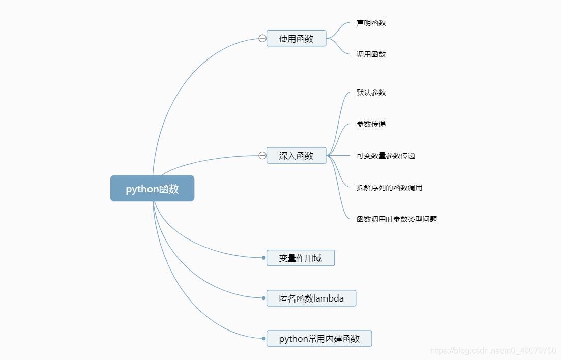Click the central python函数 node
coord(152,189)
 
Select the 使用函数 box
coord(296,38)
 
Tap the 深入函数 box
coord(296,156)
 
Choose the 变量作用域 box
coord(300,258)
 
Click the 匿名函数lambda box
coord(311,298)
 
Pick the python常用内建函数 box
coord(319,339)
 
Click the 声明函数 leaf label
coord(371,23)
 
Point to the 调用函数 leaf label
coord(371,54)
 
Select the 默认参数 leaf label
coord(371,93)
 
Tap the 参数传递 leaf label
coord(371,124)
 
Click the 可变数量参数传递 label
coord(386,156)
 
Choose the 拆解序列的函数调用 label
coord(389,188)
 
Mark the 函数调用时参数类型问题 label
coord(397,219)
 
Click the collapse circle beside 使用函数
coord(262,38)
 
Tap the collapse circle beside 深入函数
coord(262,156)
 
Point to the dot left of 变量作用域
coord(263,258)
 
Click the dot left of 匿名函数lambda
coord(263,298)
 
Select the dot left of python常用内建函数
coord(263,338)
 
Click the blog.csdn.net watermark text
coord(493,351)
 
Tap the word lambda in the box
coord(329,298)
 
